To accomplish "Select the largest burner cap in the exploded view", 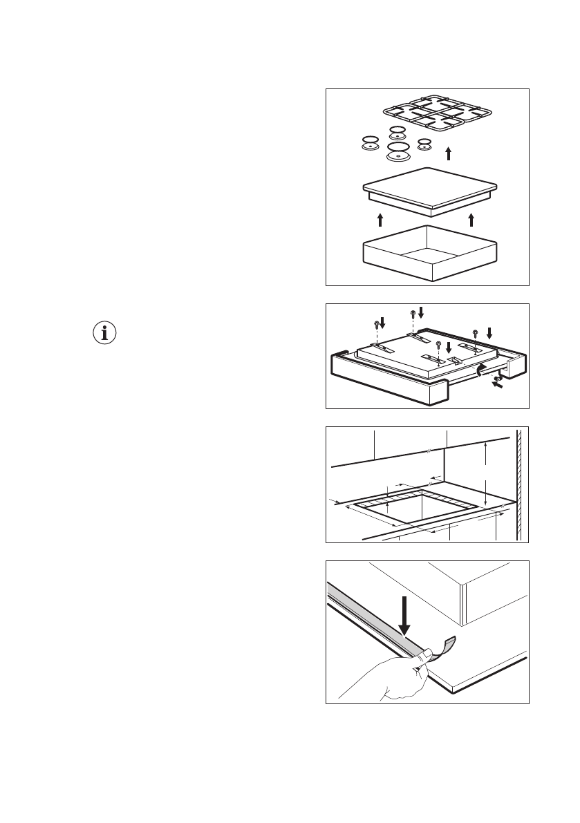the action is (399, 152).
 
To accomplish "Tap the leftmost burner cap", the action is (371, 142).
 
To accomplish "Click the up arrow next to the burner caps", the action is (449, 153).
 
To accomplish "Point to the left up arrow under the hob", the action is (380, 220).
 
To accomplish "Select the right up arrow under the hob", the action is (471, 220).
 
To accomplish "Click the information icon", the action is (105, 333).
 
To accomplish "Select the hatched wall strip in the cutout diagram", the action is (519, 484).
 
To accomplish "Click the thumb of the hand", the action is (427, 653).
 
